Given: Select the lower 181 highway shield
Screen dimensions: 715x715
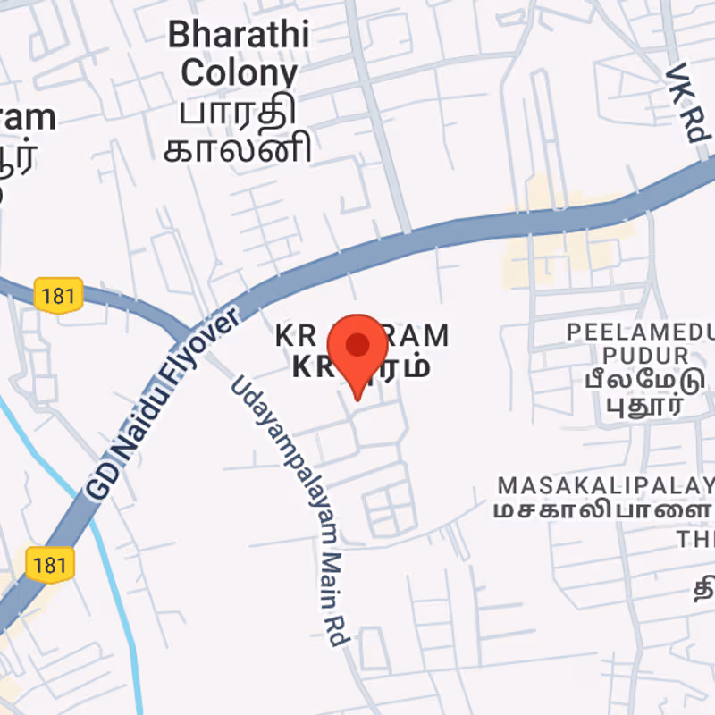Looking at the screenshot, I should tap(50, 564).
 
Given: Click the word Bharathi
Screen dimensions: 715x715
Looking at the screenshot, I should tap(239, 36).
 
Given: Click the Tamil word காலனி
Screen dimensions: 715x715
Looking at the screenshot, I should tap(238, 148).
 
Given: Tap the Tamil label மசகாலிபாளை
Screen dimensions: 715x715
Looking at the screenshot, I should tap(602, 512).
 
